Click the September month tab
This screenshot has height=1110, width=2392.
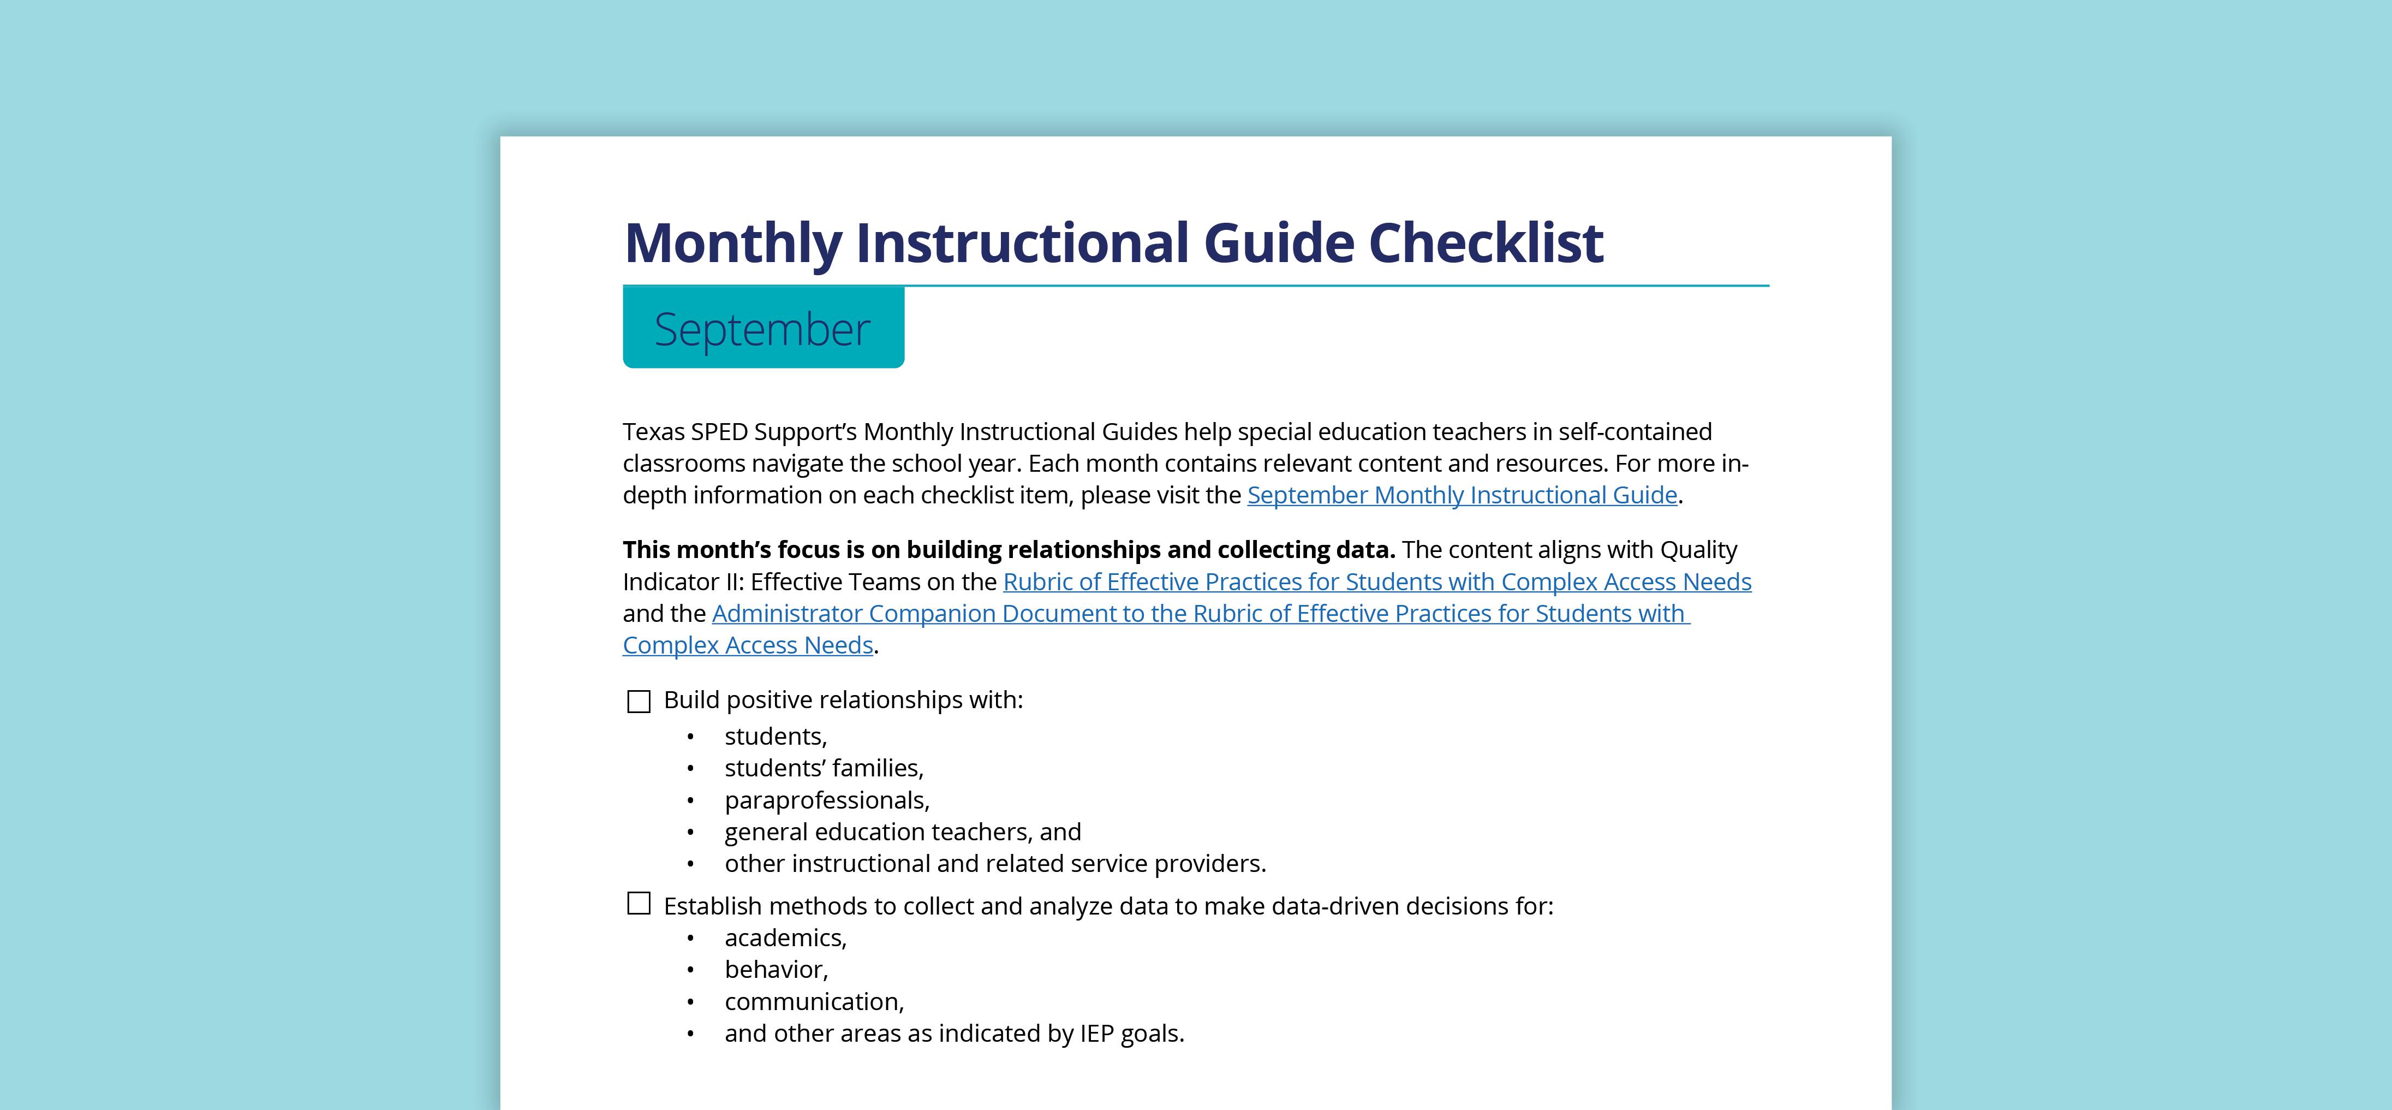point(762,329)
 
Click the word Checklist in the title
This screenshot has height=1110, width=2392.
point(1485,244)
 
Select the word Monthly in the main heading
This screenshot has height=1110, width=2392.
point(732,244)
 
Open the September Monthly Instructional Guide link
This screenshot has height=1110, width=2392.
point(1462,495)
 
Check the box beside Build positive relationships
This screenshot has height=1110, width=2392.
point(639,701)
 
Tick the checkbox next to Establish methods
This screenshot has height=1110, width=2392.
point(639,904)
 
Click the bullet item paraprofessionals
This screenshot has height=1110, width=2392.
point(826,800)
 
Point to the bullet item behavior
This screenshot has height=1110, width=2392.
point(776,970)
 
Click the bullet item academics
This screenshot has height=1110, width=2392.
point(785,938)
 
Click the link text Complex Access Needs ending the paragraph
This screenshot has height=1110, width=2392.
point(748,645)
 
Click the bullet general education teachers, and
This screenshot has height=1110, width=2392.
point(903,832)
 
